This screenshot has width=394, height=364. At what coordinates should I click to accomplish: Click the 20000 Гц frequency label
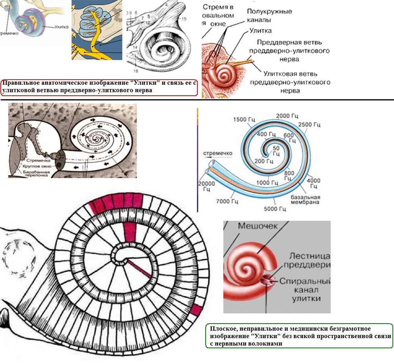tap(207, 186)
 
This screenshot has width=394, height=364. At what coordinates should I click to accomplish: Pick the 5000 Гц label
tap(275, 208)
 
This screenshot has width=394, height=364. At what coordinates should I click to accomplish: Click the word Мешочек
tap(258, 226)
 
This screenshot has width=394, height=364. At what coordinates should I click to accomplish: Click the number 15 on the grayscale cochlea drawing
tap(184, 18)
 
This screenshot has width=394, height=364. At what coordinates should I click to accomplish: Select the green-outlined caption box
tap(299, 336)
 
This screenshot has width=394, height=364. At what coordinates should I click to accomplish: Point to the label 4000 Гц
tap(313, 184)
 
